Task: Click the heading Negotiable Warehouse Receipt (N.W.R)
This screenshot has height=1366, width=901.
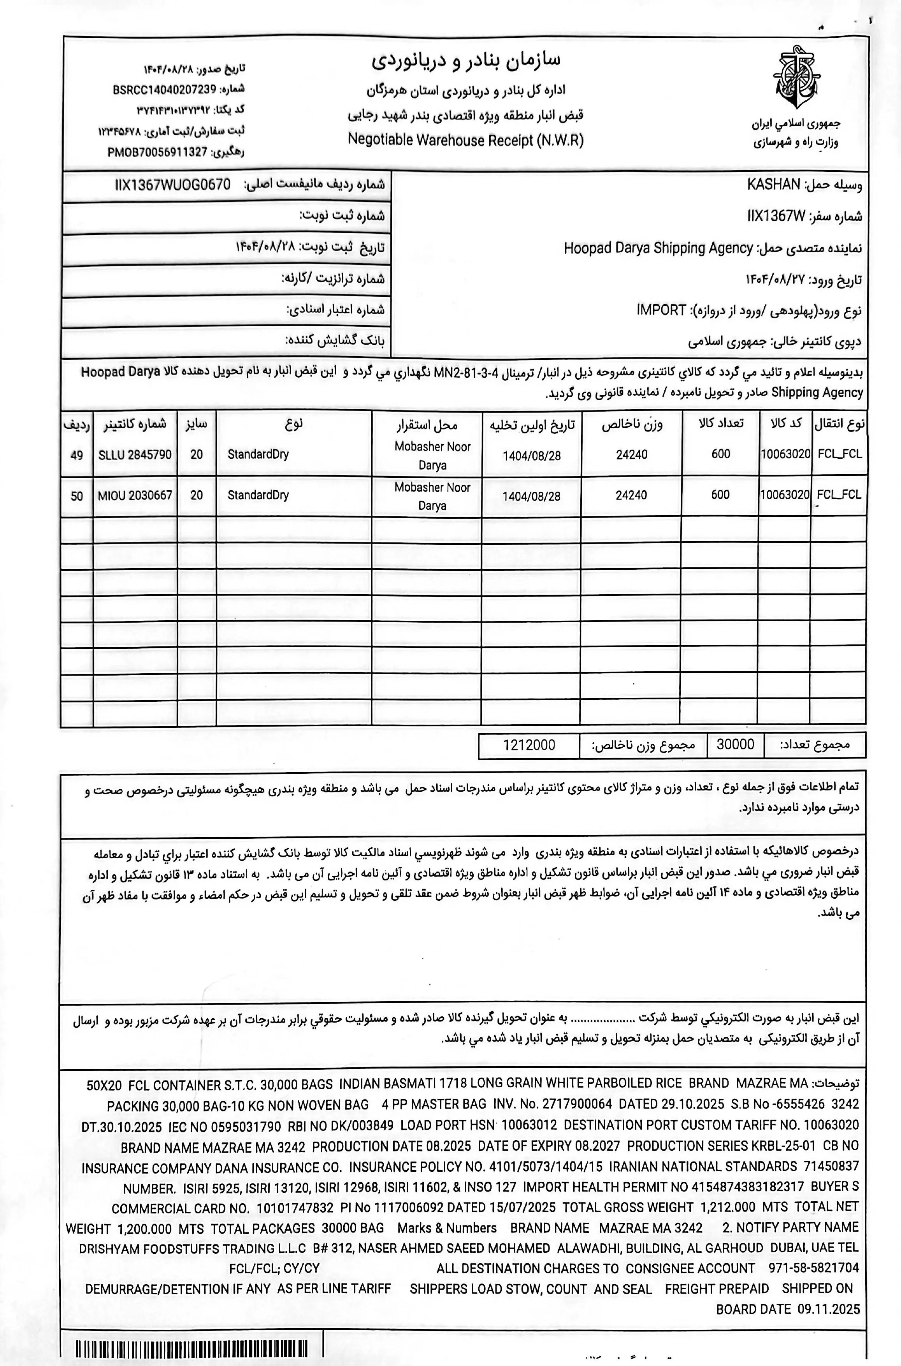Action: (465, 140)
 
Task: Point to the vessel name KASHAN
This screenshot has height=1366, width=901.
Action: (773, 185)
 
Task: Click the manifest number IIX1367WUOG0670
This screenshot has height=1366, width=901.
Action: (172, 185)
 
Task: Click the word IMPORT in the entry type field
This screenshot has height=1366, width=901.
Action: (661, 310)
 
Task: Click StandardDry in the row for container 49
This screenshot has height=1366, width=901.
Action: (258, 454)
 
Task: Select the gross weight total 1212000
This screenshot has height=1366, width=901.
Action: (529, 745)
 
